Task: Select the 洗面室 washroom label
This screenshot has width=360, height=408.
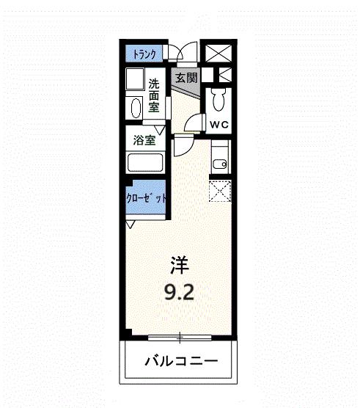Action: coord(154,96)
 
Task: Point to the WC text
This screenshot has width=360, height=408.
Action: coord(220,125)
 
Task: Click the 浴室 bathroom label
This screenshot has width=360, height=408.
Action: coord(144,139)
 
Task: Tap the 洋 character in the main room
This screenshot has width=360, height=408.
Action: coord(180,262)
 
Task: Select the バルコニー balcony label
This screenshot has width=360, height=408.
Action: coord(180,362)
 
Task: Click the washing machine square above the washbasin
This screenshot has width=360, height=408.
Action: coord(134,79)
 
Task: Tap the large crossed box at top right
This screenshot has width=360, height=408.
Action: coord(218,54)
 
